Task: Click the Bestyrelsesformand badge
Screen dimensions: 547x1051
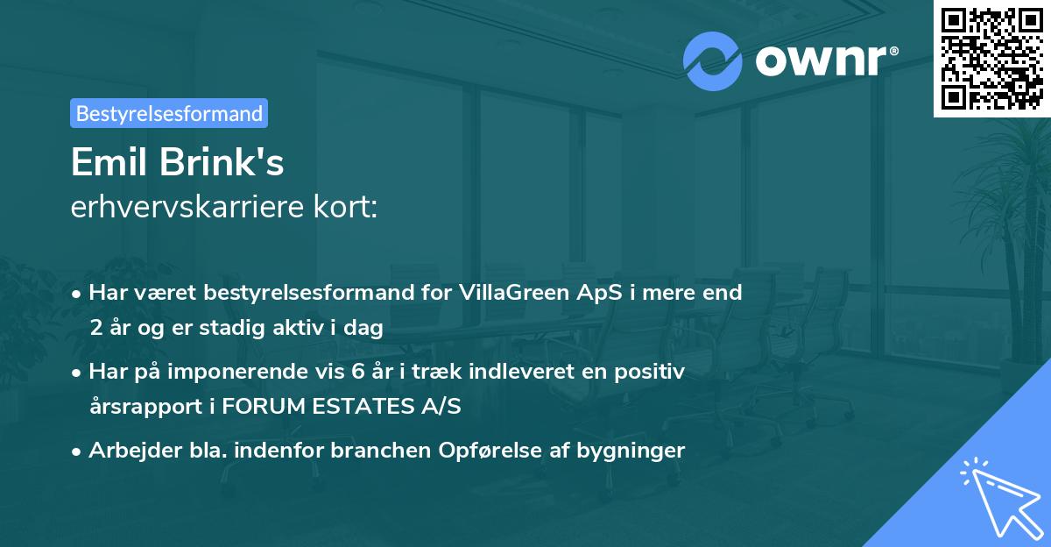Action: [x=169, y=113]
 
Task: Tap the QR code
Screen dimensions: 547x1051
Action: [x=991, y=58]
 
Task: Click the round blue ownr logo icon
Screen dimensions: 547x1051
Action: [x=713, y=60]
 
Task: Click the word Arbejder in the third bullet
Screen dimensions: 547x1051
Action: [x=128, y=451]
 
